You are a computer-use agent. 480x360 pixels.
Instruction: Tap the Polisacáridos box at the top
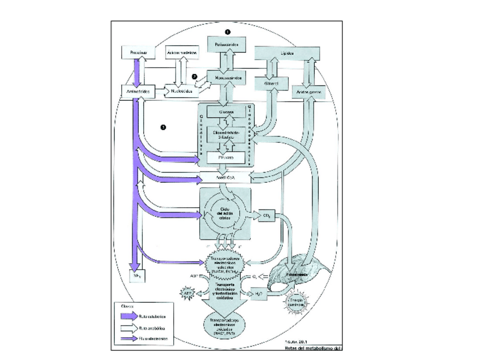pos(227,44)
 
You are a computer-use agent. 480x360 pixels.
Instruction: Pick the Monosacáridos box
pos(227,75)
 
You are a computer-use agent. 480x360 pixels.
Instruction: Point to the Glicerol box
pos(273,83)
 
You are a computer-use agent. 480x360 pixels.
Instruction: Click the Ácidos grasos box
pos(308,91)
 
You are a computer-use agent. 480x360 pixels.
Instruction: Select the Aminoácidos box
pos(135,91)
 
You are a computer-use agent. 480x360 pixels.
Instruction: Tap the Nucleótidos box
pos(182,91)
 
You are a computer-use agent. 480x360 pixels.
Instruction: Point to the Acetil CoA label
pos(226,177)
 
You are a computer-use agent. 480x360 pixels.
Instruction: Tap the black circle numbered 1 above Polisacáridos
pos(227,32)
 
